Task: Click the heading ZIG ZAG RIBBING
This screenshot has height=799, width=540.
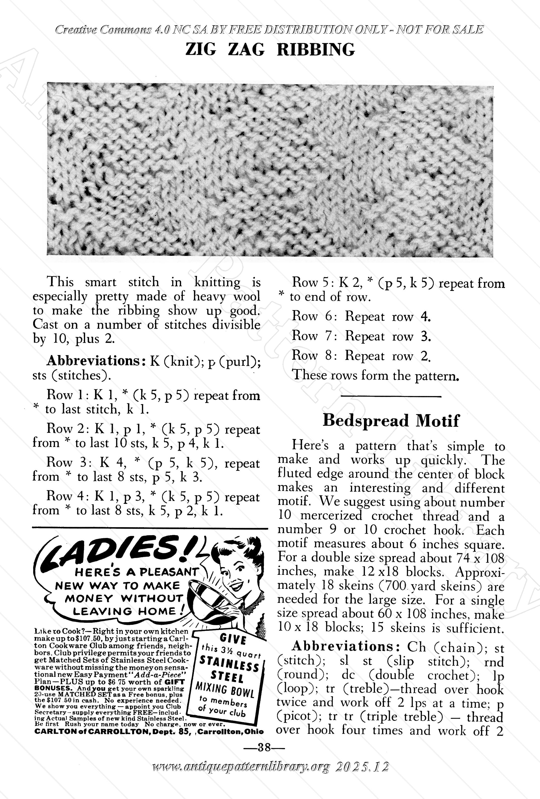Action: (x=270, y=49)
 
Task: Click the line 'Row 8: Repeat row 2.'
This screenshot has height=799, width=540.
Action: (x=361, y=356)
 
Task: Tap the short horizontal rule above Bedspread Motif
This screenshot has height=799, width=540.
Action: (x=391, y=397)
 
